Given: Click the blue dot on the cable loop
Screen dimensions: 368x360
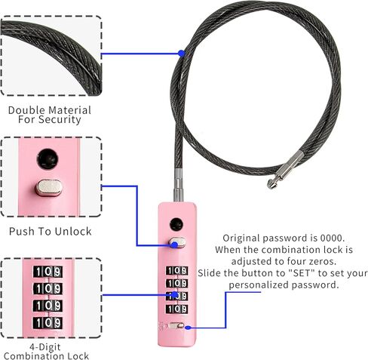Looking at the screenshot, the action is (x=181, y=54).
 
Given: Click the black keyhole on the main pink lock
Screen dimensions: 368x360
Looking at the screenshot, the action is (x=176, y=224).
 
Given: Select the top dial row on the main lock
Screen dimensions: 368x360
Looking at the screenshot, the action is (x=176, y=271).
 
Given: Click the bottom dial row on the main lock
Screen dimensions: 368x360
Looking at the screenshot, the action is (x=176, y=309).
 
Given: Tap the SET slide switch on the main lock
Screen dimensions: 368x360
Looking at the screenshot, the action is (x=176, y=326).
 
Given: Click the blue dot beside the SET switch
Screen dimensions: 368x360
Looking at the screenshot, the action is (x=188, y=328).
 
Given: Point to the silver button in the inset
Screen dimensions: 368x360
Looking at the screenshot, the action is (x=49, y=187).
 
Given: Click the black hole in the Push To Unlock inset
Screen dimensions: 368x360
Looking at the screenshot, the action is (x=48, y=159).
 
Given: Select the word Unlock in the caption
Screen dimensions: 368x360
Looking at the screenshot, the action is (x=73, y=232).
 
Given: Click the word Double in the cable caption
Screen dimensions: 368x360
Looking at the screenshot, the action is (x=25, y=110).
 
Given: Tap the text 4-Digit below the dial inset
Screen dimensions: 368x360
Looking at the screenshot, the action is (x=45, y=347).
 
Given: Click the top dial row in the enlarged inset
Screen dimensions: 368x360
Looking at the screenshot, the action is (x=48, y=272).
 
